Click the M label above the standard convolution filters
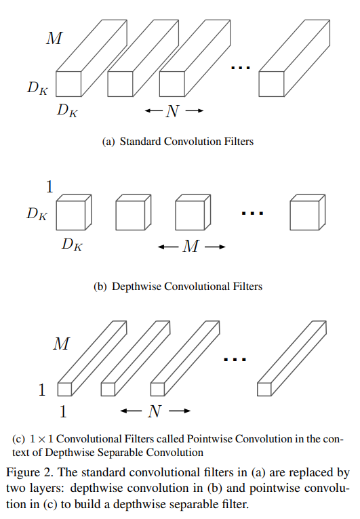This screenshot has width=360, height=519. [54, 38]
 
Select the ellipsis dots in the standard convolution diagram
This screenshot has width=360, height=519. [241, 68]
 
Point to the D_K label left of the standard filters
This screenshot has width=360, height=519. [37, 87]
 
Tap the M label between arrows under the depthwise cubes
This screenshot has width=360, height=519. [191, 247]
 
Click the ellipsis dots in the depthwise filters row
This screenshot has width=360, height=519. [252, 213]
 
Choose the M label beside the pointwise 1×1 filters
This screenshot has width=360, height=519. [61, 344]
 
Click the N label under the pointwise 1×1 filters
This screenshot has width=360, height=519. [155, 411]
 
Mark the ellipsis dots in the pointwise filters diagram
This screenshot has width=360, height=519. [234, 360]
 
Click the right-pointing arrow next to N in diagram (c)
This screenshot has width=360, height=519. [179, 411]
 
